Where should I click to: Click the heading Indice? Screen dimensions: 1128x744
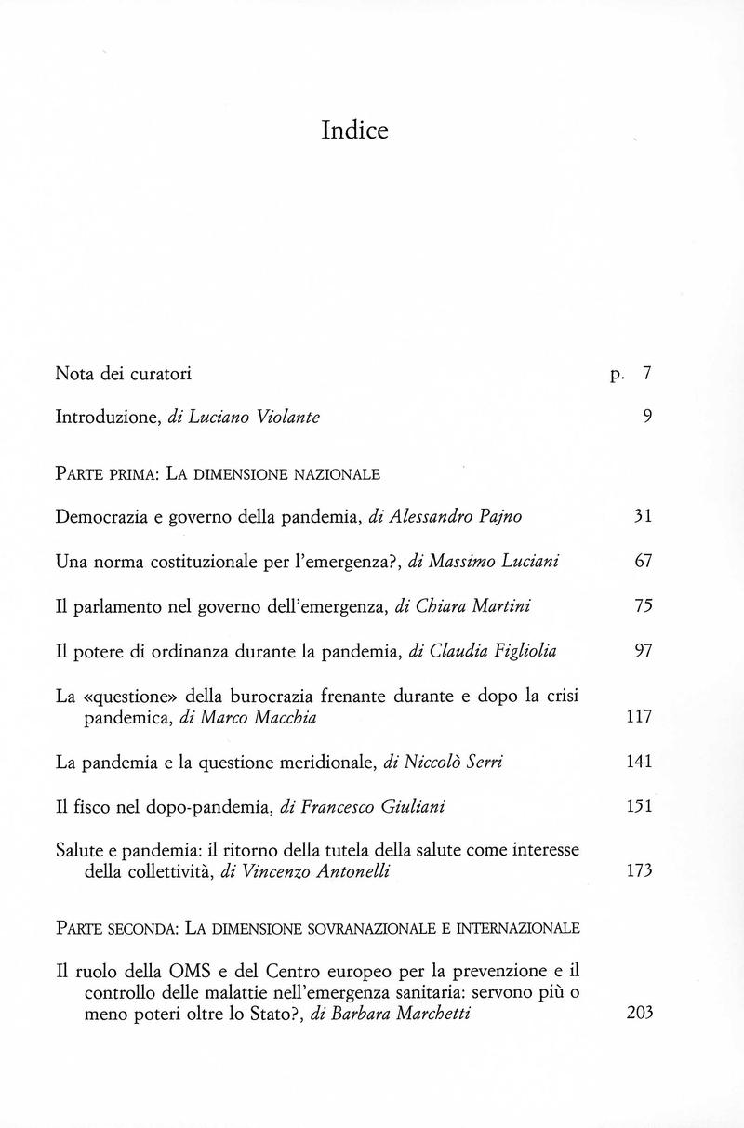(x=354, y=130)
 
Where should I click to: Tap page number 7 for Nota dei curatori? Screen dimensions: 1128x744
(x=647, y=374)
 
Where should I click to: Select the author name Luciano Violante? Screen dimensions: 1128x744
(x=255, y=418)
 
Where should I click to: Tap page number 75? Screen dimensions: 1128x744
(x=643, y=606)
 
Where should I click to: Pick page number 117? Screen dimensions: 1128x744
(x=640, y=717)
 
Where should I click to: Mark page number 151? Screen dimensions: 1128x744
(x=640, y=806)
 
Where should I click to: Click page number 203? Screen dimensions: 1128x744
(x=640, y=1014)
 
